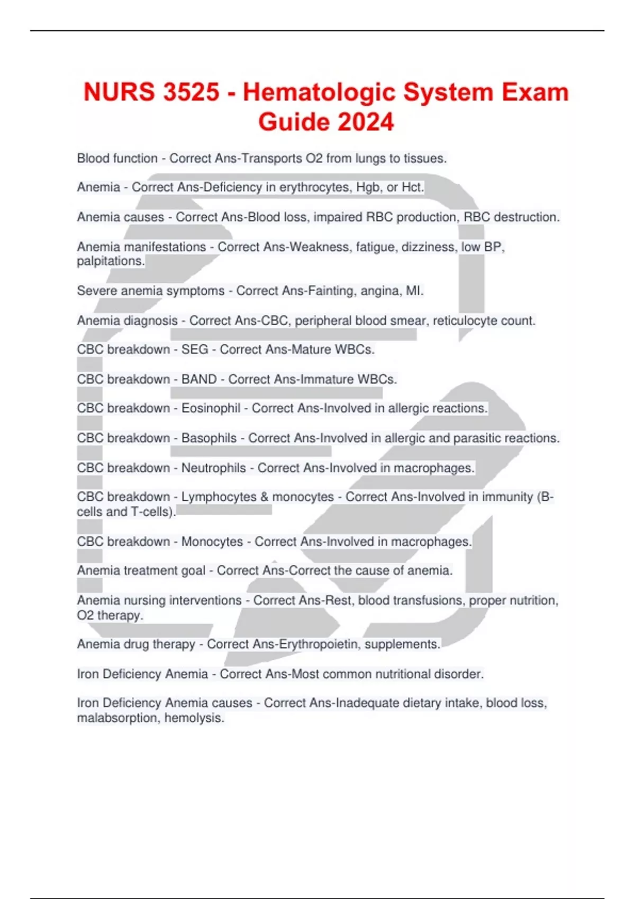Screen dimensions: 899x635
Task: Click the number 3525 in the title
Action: coord(191,93)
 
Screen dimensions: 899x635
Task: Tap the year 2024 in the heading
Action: coord(366,122)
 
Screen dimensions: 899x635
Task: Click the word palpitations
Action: coord(110,261)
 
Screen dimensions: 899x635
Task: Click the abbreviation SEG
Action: coord(195,350)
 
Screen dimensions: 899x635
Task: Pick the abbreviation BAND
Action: coord(199,380)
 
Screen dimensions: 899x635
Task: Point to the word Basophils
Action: coord(209,438)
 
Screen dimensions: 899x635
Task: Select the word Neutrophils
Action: coord(213,468)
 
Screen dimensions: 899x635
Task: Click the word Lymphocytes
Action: coord(219,497)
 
